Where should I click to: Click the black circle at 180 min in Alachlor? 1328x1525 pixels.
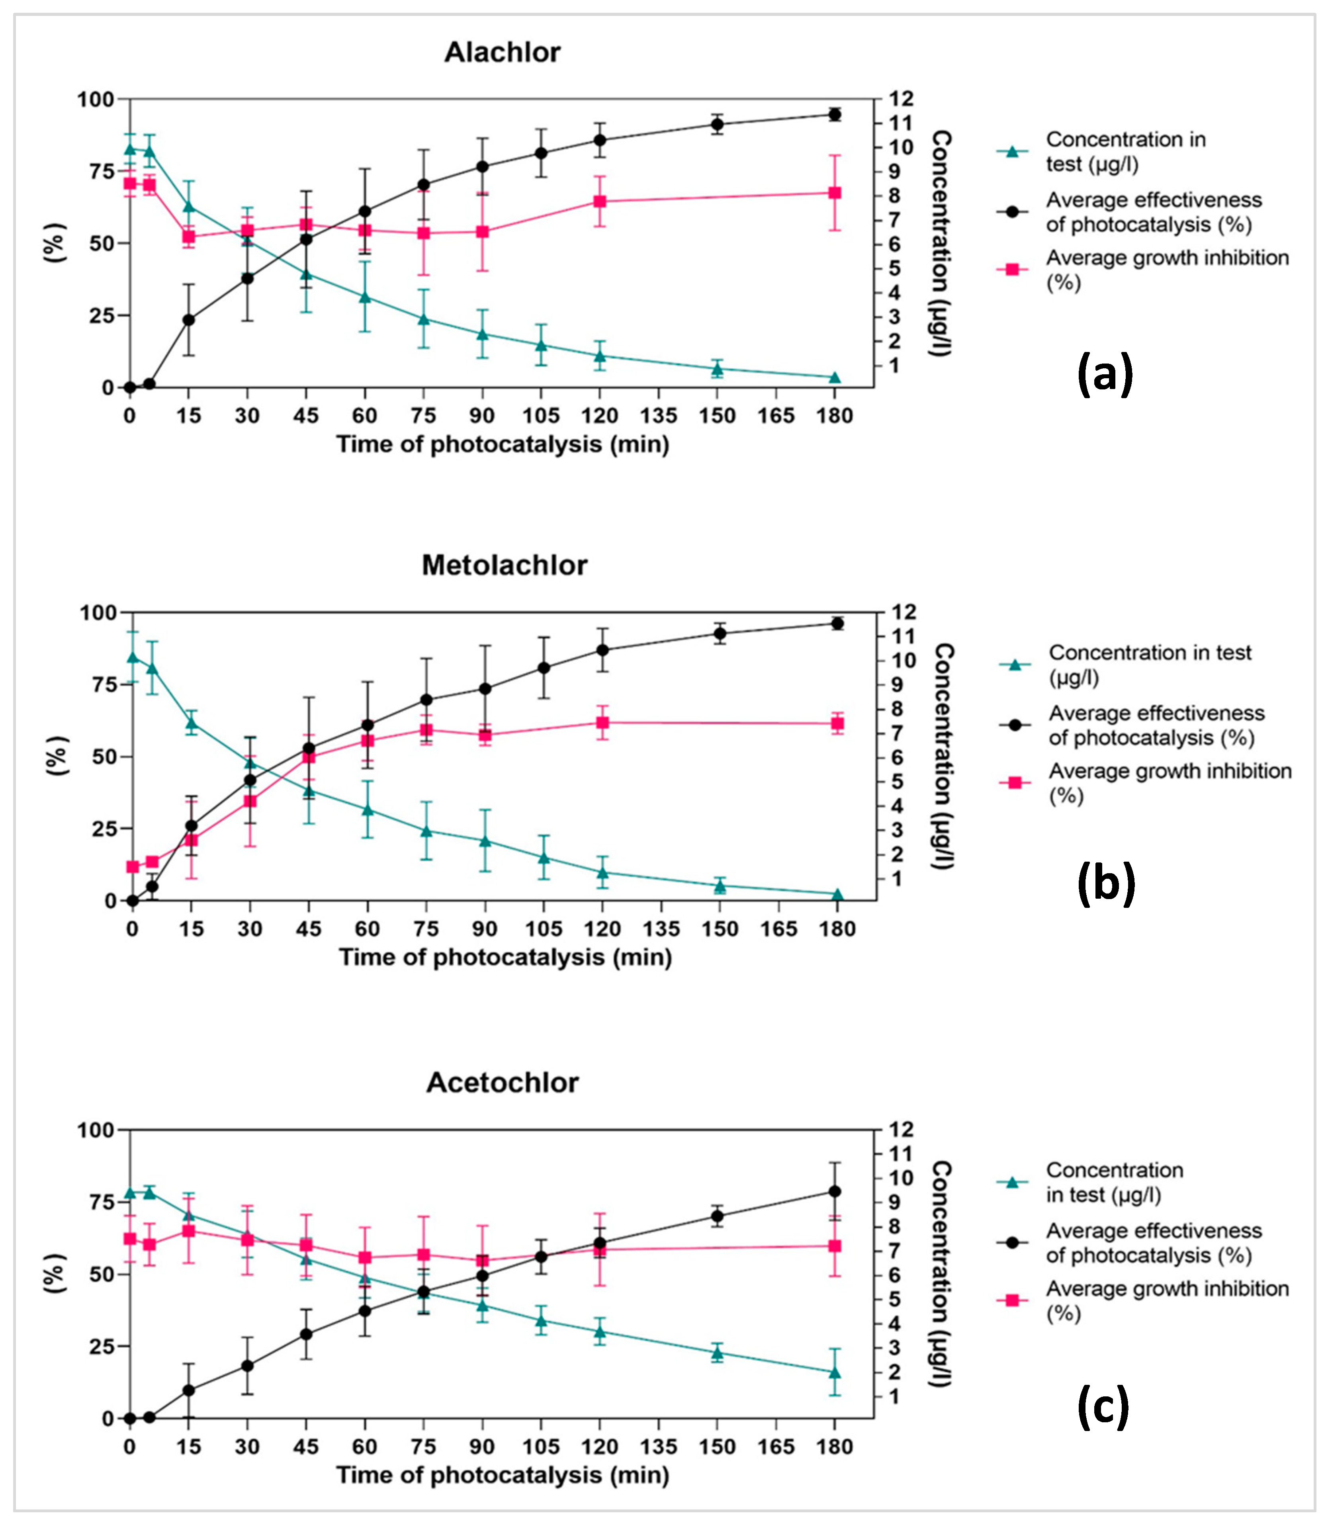point(835,114)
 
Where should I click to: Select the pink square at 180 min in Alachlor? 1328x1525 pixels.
point(835,193)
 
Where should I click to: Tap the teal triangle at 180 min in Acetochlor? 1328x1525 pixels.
point(835,1372)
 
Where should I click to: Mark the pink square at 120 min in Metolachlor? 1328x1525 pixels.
point(602,723)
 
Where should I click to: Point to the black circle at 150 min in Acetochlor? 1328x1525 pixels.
point(717,1216)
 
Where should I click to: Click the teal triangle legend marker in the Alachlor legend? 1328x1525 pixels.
point(1012,152)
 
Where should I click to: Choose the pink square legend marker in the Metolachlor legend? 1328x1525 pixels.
point(1015,782)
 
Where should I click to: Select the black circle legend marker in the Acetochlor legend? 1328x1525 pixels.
point(1012,1242)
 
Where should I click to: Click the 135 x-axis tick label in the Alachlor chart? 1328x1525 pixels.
point(658,416)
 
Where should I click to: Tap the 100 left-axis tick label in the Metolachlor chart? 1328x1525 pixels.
point(99,613)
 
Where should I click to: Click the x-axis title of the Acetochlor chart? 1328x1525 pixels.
point(503,1475)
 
